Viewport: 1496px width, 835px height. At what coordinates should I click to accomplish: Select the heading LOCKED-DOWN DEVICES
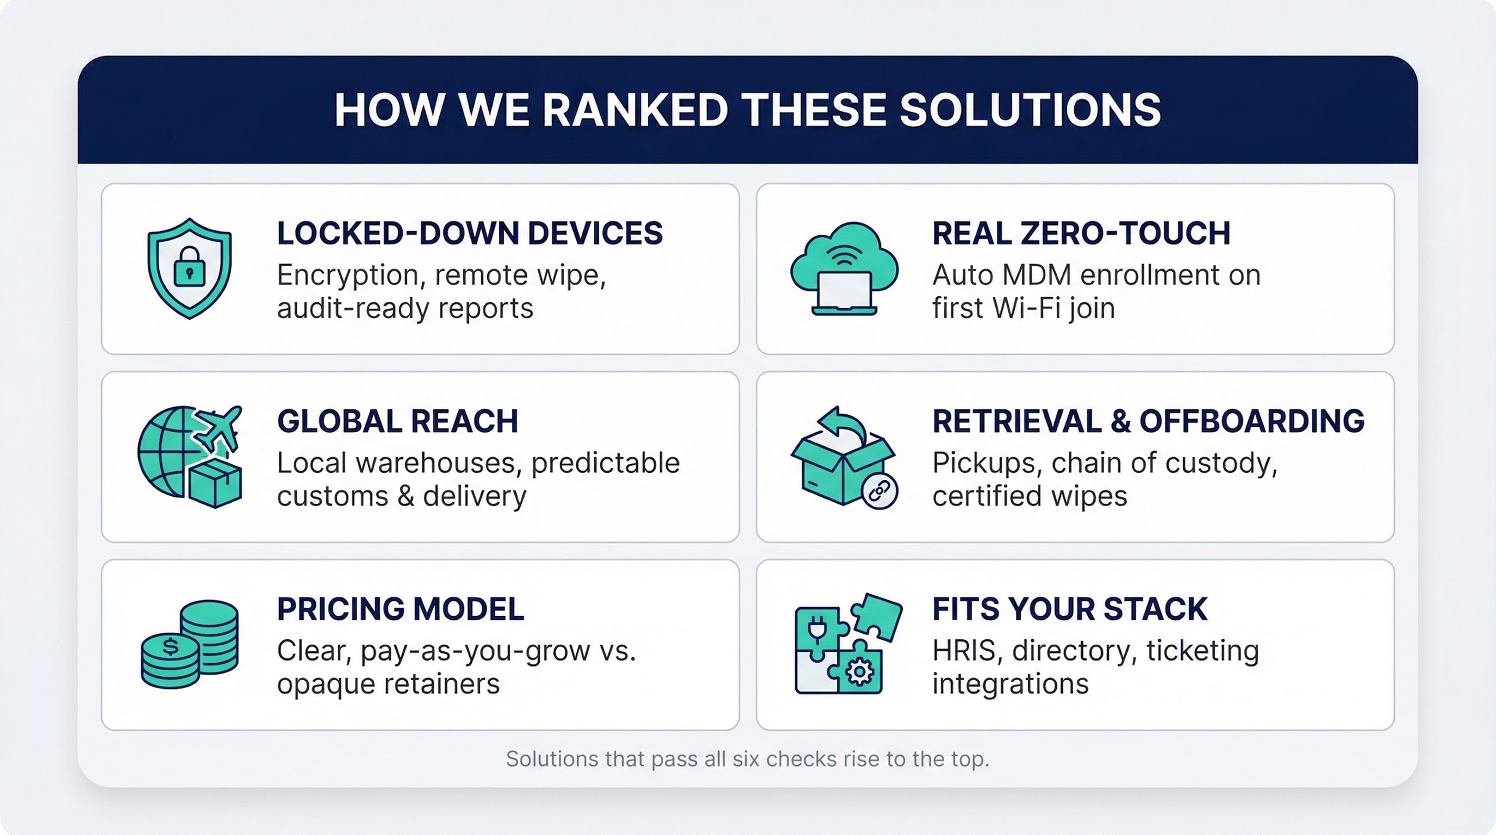pyautogui.click(x=469, y=233)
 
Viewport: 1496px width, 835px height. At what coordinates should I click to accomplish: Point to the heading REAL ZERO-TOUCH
pyautogui.click(x=1081, y=233)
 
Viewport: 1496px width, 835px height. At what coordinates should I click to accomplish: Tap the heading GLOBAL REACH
pyautogui.click(x=397, y=421)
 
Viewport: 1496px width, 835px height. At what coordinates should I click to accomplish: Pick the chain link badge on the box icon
pyautogui.click(x=879, y=491)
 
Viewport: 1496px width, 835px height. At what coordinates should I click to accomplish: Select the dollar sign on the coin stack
pyautogui.click(x=170, y=646)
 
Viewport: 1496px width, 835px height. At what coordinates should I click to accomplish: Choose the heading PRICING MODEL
pyautogui.click(x=400, y=609)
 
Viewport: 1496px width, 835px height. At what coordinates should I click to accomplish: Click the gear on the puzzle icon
pyautogui.click(x=859, y=672)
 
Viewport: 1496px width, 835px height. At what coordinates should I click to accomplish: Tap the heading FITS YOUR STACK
pyautogui.click(x=1070, y=609)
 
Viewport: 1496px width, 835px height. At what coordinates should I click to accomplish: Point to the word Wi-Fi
pyautogui.click(x=1024, y=308)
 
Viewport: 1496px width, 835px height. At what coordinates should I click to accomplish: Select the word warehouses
pyautogui.click(x=435, y=463)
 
